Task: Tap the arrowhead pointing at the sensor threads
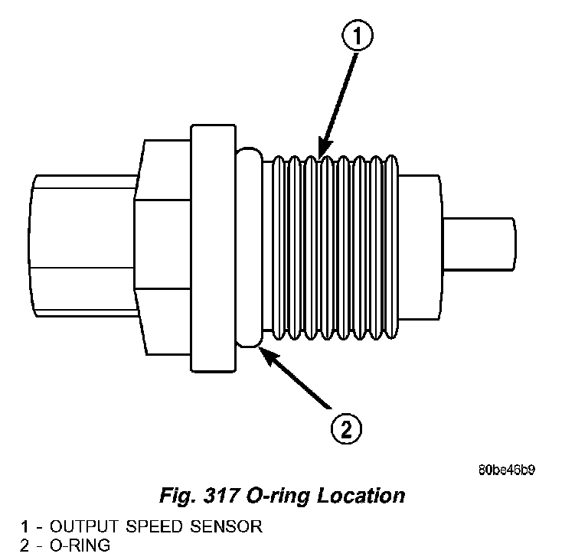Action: [x=323, y=151]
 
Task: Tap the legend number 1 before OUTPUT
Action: [x=25, y=528]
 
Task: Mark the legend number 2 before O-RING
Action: [x=25, y=545]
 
